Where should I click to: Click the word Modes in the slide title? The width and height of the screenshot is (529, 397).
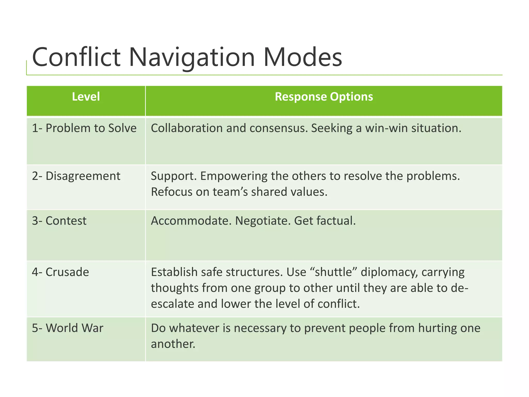pyautogui.click(x=302, y=57)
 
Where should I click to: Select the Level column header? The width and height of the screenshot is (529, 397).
pyautogui.click(x=86, y=97)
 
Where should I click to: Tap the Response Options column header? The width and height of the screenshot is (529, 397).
pyautogui.click(x=324, y=97)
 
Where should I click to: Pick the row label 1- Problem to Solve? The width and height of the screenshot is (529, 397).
pyautogui.click(x=84, y=128)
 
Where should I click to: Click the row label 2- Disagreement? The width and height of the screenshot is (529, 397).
pyautogui.click(x=76, y=176)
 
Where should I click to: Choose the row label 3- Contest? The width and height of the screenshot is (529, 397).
pyautogui.click(x=59, y=221)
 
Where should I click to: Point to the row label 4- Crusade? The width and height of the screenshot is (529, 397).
pyautogui.click(x=60, y=272)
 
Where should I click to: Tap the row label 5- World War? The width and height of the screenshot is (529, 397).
pyautogui.click(x=67, y=328)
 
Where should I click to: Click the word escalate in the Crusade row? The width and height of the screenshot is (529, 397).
pyautogui.click(x=172, y=304)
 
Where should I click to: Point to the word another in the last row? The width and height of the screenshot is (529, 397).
pyautogui.click(x=173, y=344)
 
